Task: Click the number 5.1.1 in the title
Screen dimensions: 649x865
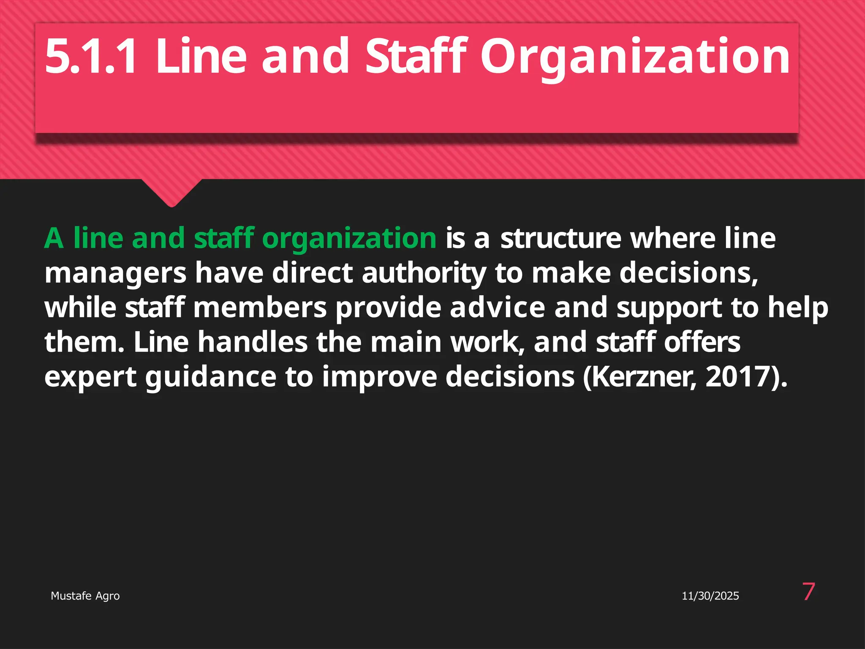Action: tap(90, 56)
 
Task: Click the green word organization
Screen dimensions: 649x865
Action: tap(349, 239)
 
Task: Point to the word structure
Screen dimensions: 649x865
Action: tap(560, 238)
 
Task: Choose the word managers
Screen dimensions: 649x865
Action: tap(115, 274)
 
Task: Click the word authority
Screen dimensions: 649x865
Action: tap(424, 274)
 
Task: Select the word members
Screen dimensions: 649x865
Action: tap(260, 308)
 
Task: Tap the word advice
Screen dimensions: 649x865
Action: tap(497, 308)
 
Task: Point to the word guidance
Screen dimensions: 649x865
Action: tap(211, 377)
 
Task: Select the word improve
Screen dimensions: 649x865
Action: tap(379, 377)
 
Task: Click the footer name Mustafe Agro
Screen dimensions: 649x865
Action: tap(85, 596)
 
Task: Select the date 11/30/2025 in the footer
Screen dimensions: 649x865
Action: tap(710, 596)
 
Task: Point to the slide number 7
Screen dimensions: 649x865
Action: tap(808, 592)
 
